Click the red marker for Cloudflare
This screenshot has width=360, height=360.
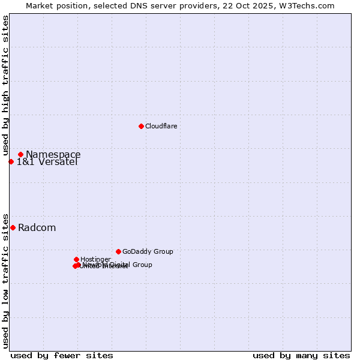click(x=141, y=126)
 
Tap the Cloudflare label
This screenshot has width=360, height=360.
click(x=161, y=126)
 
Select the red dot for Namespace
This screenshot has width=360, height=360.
click(x=20, y=154)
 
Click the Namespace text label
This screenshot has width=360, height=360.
click(x=53, y=154)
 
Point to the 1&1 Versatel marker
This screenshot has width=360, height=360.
click(x=11, y=161)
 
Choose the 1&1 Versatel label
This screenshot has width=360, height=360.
click(x=47, y=161)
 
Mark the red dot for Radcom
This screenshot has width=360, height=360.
click(x=13, y=227)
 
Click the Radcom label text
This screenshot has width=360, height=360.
click(x=37, y=227)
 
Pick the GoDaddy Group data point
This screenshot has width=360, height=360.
click(x=118, y=251)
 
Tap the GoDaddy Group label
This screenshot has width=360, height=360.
click(x=148, y=251)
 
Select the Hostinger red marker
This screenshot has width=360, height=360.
click(x=76, y=259)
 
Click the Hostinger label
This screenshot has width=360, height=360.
click(x=95, y=259)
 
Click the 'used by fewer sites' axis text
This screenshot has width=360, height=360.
click(x=62, y=355)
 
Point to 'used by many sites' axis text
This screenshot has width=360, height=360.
click(x=301, y=355)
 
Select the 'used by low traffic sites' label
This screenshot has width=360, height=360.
click(x=5, y=280)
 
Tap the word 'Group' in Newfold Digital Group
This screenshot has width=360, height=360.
click(x=142, y=265)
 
